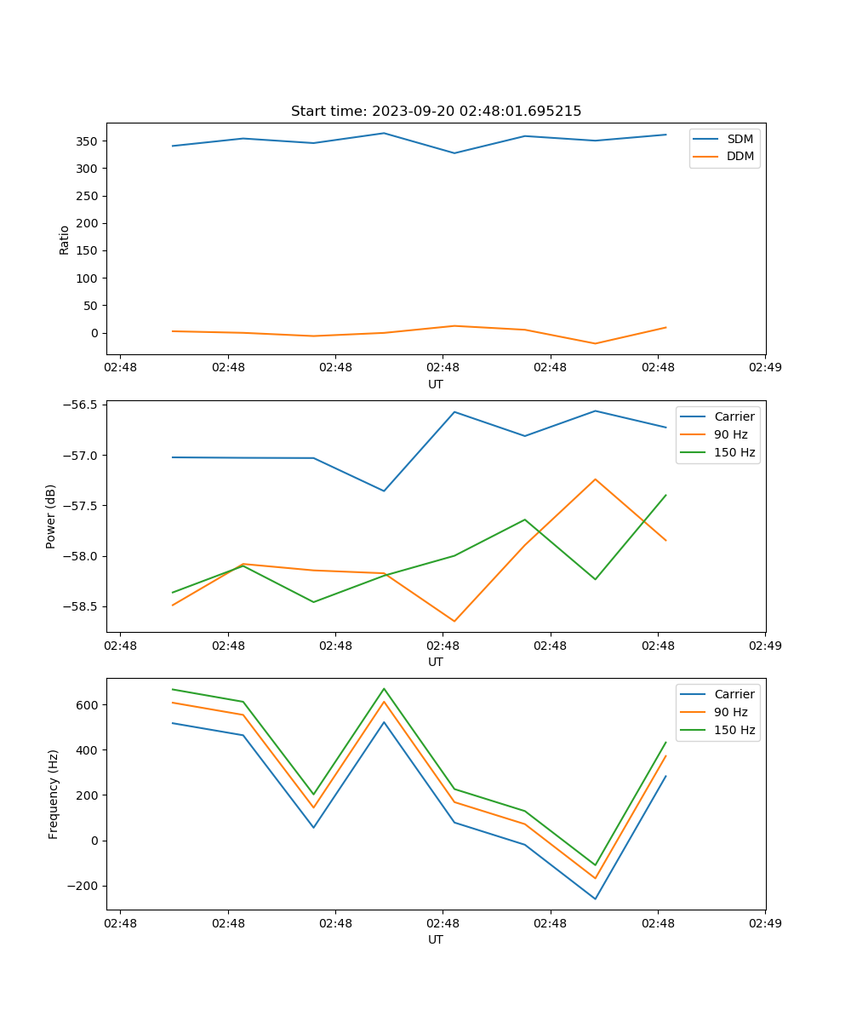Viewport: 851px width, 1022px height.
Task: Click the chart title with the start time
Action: pyautogui.click(x=436, y=112)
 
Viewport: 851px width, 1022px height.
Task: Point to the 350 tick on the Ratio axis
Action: pyautogui.click(x=89, y=141)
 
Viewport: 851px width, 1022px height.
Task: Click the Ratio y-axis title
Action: pyautogui.click(x=65, y=239)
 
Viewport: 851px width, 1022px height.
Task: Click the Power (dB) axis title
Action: pyautogui.click(x=51, y=516)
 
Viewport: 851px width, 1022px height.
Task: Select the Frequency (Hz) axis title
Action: pyautogui.click(x=54, y=794)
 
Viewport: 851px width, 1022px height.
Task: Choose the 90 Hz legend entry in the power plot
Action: pyautogui.click(x=730, y=434)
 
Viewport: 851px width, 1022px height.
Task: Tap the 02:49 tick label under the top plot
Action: pyautogui.click(x=764, y=368)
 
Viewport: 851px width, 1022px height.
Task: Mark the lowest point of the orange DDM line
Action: pyautogui.click(x=595, y=343)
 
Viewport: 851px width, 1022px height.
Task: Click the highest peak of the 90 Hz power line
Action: pyautogui.click(x=595, y=479)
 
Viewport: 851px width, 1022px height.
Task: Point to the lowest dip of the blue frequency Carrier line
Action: pyautogui.click(x=595, y=899)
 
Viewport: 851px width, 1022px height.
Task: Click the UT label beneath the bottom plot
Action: pyautogui.click(x=436, y=939)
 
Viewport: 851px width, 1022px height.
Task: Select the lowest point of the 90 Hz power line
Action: pyautogui.click(x=454, y=621)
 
